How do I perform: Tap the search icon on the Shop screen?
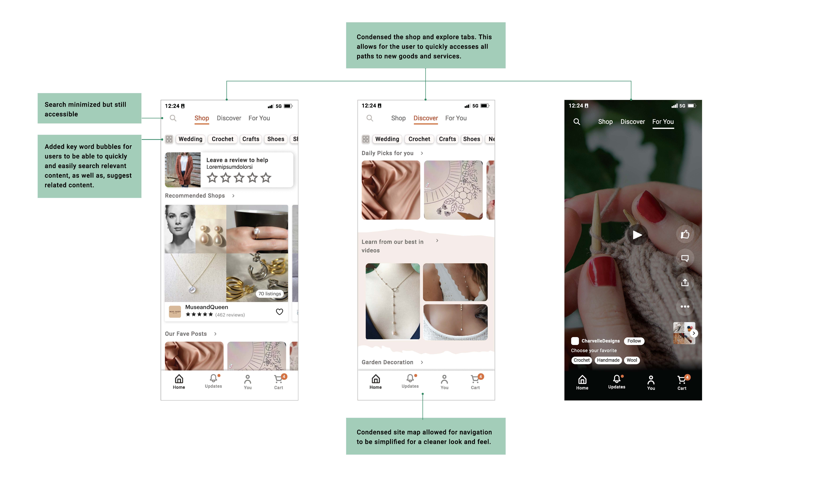(x=173, y=118)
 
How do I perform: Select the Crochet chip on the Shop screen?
(x=223, y=139)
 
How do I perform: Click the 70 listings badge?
(x=270, y=294)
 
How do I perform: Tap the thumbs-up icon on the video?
(x=685, y=234)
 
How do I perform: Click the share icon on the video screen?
(x=685, y=282)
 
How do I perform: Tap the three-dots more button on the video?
(x=685, y=307)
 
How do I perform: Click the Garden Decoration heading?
(x=387, y=362)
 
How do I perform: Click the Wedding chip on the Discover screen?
(x=387, y=139)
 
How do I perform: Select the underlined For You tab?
(x=663, y=122)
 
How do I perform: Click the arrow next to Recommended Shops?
(x=233, y=196)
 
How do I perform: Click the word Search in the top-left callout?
(x=55, y=105)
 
